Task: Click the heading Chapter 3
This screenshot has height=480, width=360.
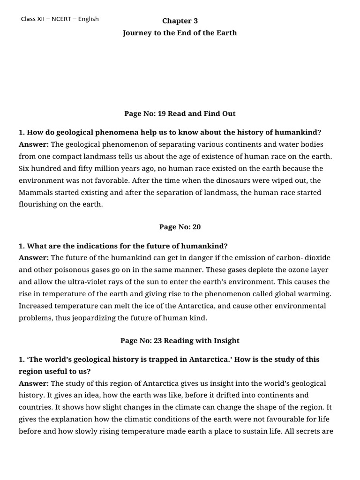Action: pyautogui.click(x=180, y=21)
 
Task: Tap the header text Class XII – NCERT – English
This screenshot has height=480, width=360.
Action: pyautogui.click(x=60, y=19)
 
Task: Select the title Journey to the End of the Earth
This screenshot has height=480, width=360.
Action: pyautogui.click(x=180, y=33)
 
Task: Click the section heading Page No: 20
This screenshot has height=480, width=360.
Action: pyautogui.click(x=180, y=227)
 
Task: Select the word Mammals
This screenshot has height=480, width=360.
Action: pyautogui.click(x=36, y=193)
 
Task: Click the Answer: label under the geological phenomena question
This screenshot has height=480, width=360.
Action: pyautogui.click(x=34, y=144)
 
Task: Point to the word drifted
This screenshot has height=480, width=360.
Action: pyautogui.click(x=217, y=395)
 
